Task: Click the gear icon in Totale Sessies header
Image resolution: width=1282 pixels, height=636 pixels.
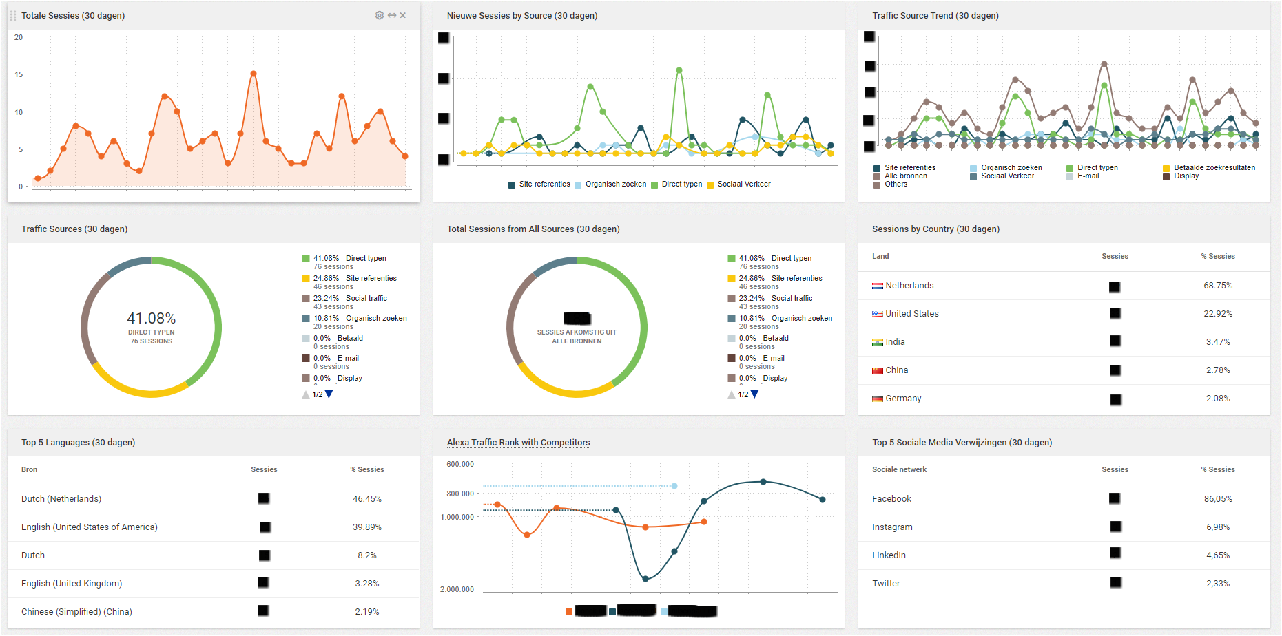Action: tap(380, 15)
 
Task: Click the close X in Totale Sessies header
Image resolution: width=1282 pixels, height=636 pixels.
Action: tap(403, 15)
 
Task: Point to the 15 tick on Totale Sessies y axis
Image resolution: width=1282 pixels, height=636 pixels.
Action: tap(19, 74)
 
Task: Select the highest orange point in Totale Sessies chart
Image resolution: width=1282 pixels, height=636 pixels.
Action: tap(254, 74)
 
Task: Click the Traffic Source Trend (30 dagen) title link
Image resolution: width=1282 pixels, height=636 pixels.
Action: tap(935, 16)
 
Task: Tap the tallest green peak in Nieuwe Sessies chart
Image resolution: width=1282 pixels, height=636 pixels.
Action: tap(679, 70)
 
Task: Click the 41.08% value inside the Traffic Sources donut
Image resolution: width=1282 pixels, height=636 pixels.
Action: tap(151, 319)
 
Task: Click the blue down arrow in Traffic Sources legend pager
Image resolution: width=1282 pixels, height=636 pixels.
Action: tap(329, 394)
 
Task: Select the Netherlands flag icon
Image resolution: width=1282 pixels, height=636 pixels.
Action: tap(878, 286)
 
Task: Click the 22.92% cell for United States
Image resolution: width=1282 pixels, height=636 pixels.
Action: tap(1217, 314)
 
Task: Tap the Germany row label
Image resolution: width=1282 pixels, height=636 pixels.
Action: tap(903, 399)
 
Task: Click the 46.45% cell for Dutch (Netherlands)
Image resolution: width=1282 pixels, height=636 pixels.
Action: tap(366, 499)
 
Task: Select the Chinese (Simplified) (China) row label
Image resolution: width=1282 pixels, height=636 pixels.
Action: tap(76, 612)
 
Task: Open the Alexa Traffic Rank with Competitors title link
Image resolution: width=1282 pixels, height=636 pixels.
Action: tap(518, 443)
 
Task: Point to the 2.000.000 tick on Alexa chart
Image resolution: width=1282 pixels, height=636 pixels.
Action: tap(457, 589)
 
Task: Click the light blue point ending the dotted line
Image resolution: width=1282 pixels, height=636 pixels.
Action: tap(674, 486)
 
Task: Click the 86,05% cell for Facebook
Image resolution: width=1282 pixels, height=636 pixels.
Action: tap(1217, 499)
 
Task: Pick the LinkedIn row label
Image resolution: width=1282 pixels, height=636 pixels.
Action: tap(889, 555)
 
